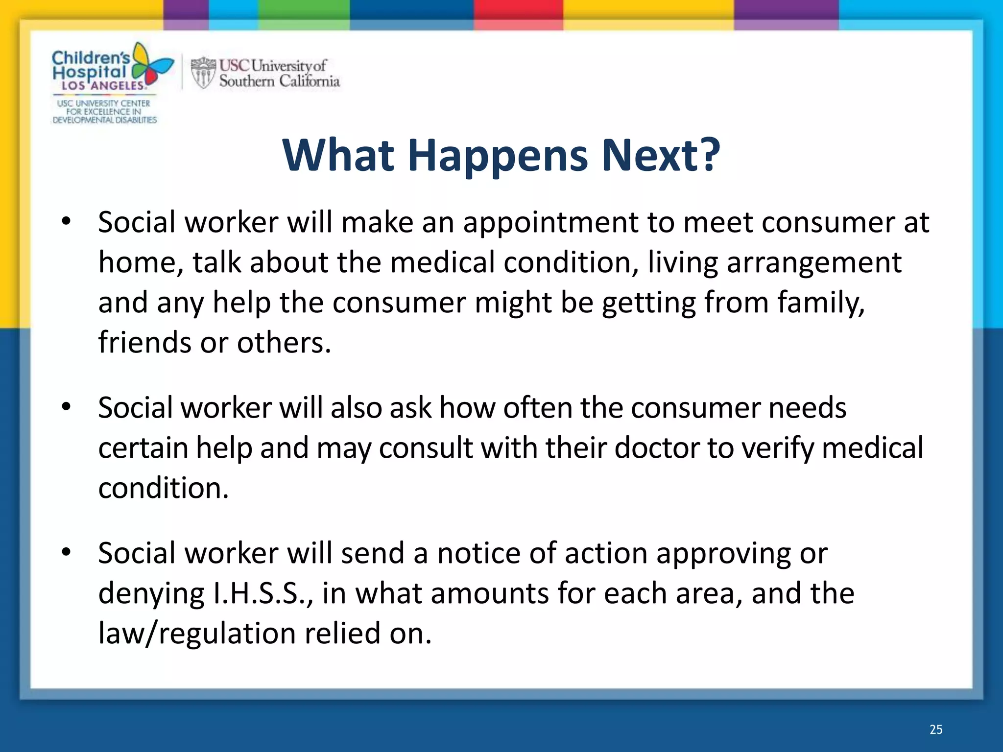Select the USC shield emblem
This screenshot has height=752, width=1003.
tap(203, 72)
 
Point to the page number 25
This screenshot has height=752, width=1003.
tap(936, 729)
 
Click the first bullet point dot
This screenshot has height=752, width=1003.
tap(67, 222)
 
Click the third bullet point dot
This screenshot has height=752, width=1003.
tap(67, 552)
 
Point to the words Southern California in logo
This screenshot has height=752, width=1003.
tap(279, 81)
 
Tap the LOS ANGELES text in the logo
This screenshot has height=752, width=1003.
tap(103, 86)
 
